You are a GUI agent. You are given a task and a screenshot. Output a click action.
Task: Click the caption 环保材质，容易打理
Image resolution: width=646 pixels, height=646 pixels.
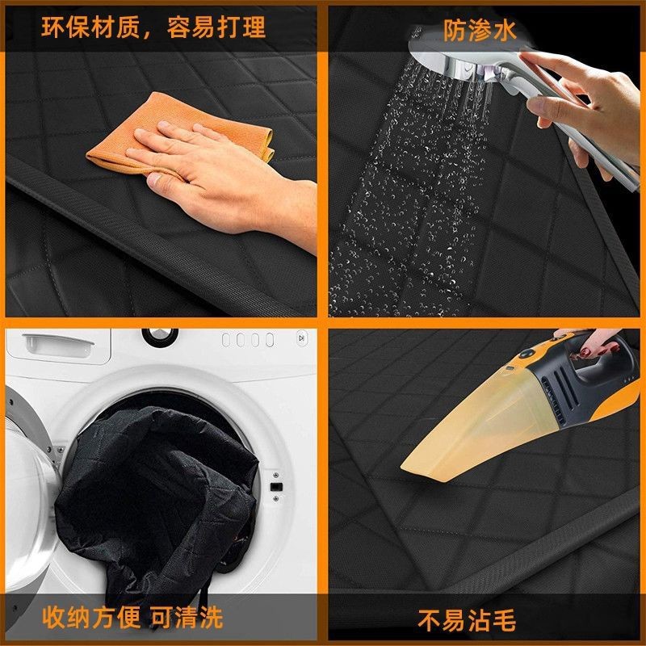pyautogui.click(x=153, y=29)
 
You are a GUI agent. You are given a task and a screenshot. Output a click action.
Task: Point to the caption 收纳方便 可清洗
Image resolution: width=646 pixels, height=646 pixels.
pyautogui.click(x=132, y=619)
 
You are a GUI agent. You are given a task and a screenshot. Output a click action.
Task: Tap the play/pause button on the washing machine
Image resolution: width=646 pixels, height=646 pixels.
pyautogui.click(x=300, y=338)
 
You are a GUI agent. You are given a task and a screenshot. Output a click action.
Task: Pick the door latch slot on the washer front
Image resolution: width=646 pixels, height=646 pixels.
pyautogui.click(x=275, y=486)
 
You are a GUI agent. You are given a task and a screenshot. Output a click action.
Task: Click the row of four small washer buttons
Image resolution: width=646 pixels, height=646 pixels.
pyautogui.click(x=248, y=340)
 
